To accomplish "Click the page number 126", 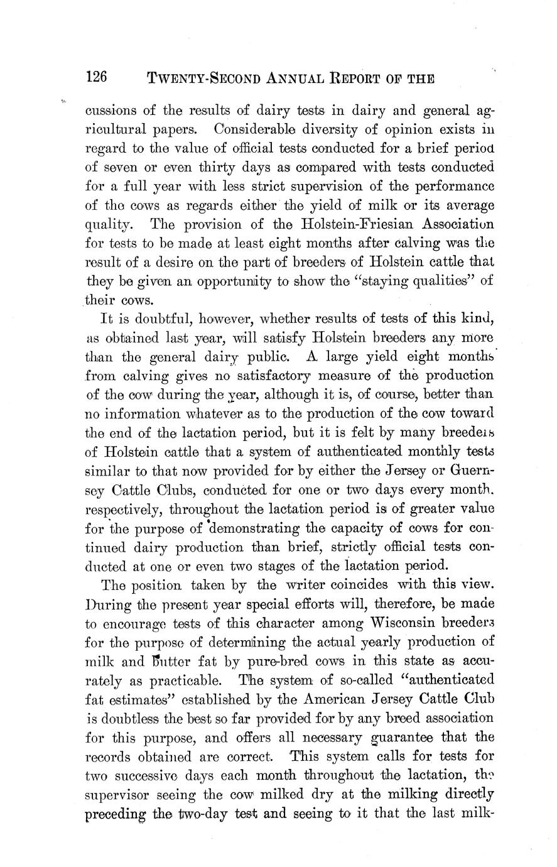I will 97,77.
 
